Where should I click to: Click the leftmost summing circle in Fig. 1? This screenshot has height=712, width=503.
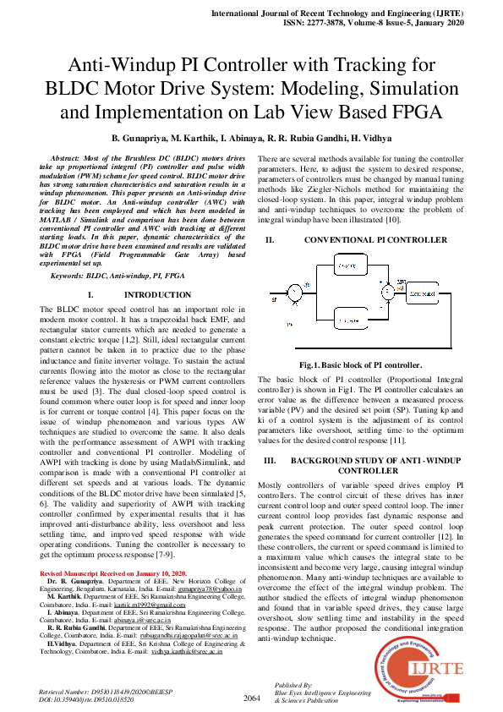click(x=294, y=294)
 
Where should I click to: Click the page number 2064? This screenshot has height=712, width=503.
click(x=251, y=698)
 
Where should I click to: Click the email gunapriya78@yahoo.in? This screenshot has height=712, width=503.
click(x=210, y=589)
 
